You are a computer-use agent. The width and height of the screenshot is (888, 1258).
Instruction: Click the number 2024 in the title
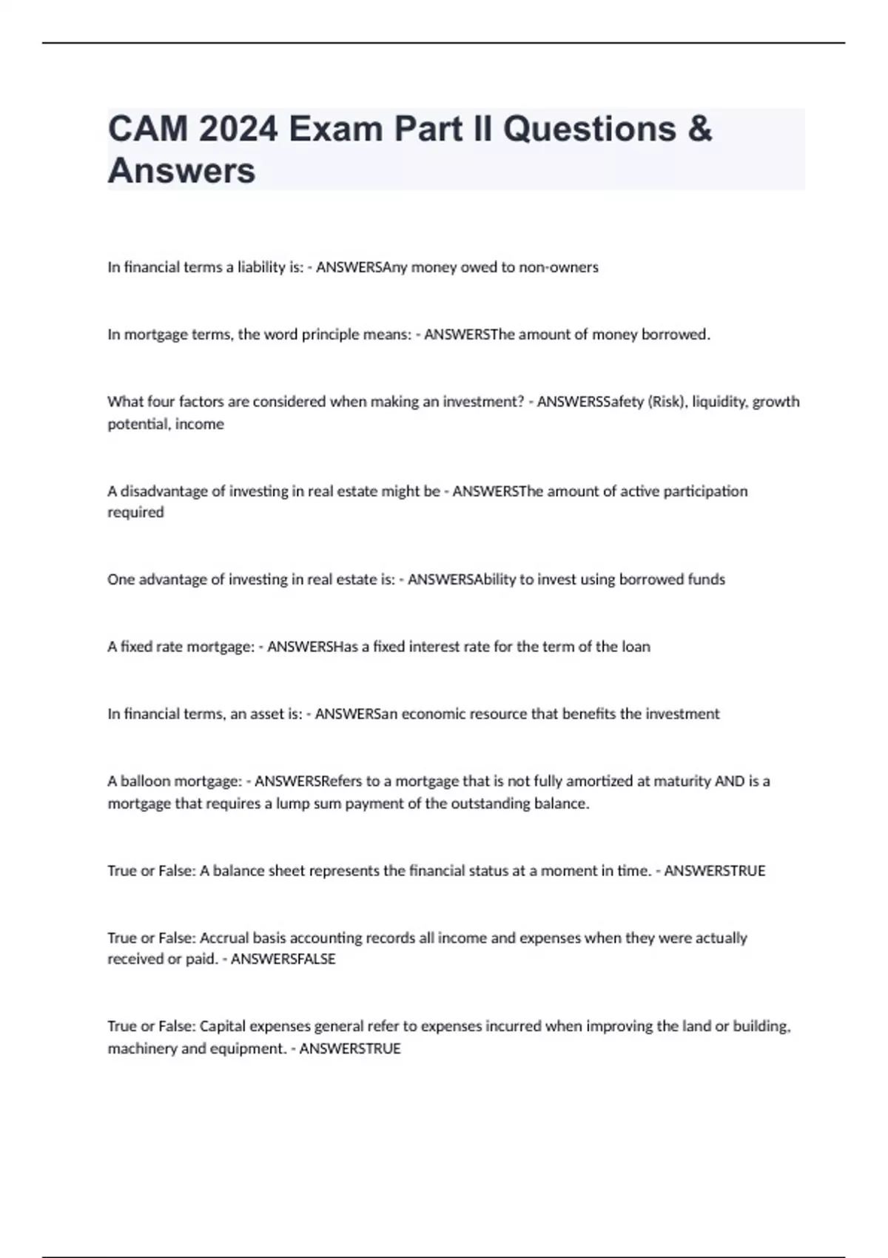pyautogui.click(x=238, y=129)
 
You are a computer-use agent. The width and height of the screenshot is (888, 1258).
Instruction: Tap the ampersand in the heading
pyautogui.click(x=699, y=129)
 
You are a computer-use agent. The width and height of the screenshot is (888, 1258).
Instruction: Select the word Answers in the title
pyautogui.click(x=181, y=170)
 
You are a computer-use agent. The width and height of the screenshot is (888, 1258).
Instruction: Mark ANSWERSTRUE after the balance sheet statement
pyautogui.click(x=714, y=871)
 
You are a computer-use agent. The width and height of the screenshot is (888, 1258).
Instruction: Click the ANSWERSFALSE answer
pyautogui.click(x=283, y=959)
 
